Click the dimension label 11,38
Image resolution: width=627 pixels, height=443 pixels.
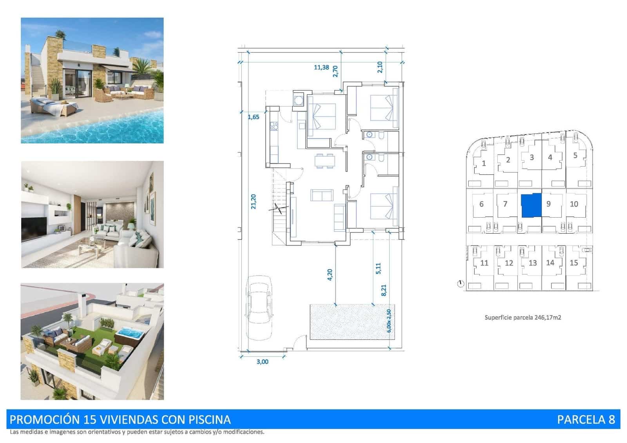click(321, 67)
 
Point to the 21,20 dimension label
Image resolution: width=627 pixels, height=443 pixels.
click(254, 202)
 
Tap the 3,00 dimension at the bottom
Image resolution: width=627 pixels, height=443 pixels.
click(262, 361)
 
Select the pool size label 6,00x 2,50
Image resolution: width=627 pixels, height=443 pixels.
click(389, 321)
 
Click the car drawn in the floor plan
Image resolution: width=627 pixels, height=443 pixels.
click(259, 307)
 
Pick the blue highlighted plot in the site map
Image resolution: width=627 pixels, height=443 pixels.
click(531, 205)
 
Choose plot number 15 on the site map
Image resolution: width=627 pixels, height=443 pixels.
click(574, 263)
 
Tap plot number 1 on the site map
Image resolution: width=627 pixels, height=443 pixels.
click(484, 163)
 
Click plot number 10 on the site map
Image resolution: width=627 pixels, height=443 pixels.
click(574, 204)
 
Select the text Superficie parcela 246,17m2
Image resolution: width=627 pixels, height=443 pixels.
click(522, 318)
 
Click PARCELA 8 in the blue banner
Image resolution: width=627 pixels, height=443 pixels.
click(586, 419)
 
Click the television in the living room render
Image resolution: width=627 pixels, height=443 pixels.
click(34, 225)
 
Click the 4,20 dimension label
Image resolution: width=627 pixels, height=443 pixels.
click(330, 274)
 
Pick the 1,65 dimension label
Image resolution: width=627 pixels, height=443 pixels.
click(253, 117)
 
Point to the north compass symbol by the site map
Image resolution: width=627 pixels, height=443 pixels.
click(460, 283)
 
